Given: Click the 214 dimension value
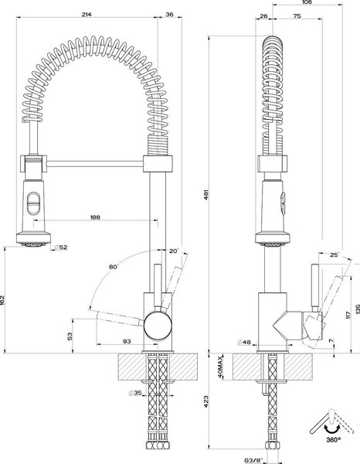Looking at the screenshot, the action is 87,14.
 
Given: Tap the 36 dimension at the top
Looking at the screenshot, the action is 170,14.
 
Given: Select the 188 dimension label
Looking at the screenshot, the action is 95,217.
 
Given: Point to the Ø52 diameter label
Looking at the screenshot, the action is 61,247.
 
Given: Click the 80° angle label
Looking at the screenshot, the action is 114,267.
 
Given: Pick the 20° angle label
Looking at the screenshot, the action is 174,251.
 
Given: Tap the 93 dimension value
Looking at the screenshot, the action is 127,341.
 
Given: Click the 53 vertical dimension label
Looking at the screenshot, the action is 70,336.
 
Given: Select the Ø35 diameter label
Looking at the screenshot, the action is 136,393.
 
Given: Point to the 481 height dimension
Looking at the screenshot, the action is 206,194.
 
